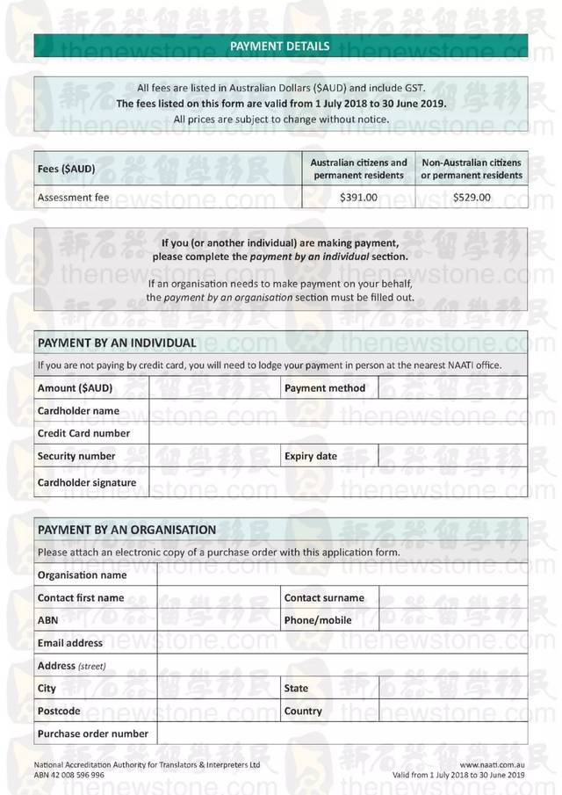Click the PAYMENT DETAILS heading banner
click(280, 46)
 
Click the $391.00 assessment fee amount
click(358, 198)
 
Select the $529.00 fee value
click(472, 198)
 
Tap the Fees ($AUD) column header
click(67, 168)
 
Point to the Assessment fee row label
click(74, 198)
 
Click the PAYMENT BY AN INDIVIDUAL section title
click(117, 343)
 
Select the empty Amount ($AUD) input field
click(215, 387)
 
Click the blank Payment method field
click(453, 387)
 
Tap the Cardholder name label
click(78, 410)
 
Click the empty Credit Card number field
click(338, 433)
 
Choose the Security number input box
click(215, 456)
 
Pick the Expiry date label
click(311, 456)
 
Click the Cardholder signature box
click(338, 482)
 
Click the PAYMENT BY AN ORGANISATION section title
click(126, 530)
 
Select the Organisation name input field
click(342, 575)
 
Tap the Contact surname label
click(324, 597)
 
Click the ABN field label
click(47, 620)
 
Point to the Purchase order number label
click(93, 734)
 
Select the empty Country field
click(453, 711)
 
